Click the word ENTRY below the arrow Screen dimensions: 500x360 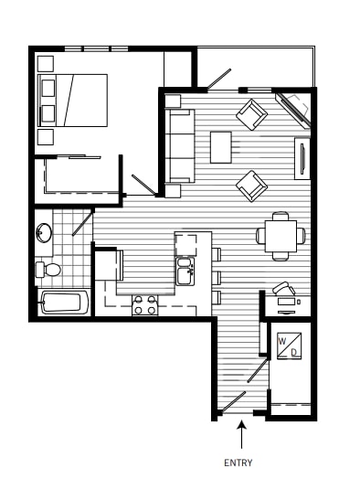tap(238, 463)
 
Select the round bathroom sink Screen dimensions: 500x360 tap(44, 233)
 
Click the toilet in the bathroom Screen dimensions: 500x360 tap(49, 269)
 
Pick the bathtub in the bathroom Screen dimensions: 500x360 tap(64, 302)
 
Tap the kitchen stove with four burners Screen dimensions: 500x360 tap(144, 305)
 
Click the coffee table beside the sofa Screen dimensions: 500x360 tap(221, 146)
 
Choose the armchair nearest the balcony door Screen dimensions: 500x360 tap(251, 115)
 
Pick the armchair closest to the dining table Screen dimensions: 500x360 tap(251, 186)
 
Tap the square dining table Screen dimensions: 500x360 tap(281, 235)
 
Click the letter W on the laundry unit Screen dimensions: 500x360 tap(283, 343)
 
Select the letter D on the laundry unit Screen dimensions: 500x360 tap(293, 352)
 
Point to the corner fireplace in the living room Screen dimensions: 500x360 tap(297, 110)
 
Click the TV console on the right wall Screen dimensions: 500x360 tap(302, 159)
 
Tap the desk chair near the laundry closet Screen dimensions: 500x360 tap(283, 287)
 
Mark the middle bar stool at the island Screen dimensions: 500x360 tap(217, 274)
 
